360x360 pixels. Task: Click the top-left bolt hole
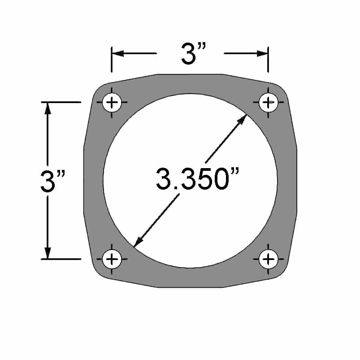112,103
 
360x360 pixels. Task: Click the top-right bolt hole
268,103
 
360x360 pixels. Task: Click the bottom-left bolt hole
112,259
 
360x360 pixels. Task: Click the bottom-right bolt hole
268,259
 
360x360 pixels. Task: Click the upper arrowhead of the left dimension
48,108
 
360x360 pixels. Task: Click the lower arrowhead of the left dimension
48,253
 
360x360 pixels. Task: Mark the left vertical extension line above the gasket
112,61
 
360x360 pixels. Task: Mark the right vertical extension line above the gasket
268,61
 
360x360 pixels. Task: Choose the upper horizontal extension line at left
63,103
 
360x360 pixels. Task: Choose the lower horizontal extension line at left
63,259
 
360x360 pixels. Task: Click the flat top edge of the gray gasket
191,74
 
